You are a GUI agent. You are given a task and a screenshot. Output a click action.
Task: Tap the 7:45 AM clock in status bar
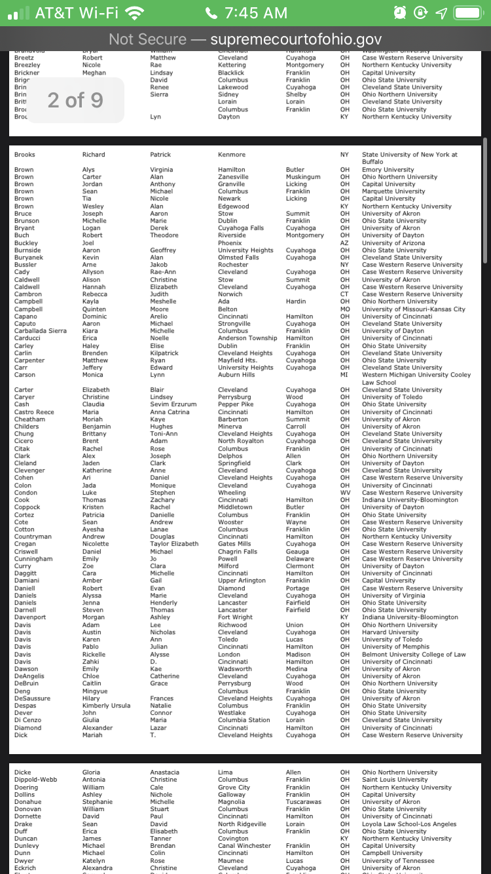[x=245, y=13]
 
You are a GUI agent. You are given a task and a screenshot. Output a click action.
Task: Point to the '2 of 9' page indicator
[x=75, y=100]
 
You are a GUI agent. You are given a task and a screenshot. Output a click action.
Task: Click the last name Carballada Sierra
[x=41, y=331]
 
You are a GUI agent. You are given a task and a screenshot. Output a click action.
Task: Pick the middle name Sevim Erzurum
[x=173, y=404]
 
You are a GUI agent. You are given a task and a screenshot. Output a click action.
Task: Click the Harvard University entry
[x=390, y=632]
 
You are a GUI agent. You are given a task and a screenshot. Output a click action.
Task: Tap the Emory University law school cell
[x=388, y=170]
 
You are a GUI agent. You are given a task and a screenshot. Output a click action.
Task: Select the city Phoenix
[x=230, y=243]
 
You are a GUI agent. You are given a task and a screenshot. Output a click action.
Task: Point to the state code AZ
[x=344, y=243]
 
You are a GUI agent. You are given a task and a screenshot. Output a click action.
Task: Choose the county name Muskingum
[x=303, y=177]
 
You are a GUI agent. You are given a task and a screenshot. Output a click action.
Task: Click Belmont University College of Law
[x=414, y=655]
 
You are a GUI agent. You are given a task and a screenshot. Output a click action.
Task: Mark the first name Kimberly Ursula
[x=106, y=706]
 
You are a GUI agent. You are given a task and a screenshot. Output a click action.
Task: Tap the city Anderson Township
[x=247, y=338]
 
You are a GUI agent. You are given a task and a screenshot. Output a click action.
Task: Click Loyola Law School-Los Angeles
[x=409, y=824]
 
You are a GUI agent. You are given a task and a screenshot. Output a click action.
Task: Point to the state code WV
[x=345, y=493]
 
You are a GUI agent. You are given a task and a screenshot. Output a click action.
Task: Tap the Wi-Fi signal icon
[x=134, y=13]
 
